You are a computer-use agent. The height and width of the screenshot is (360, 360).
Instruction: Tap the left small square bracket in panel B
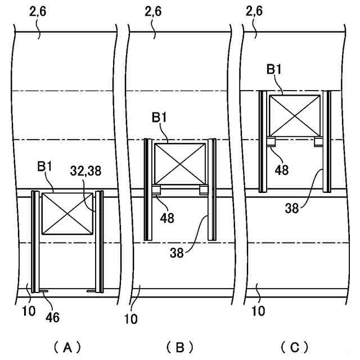click(x=157, y=191)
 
